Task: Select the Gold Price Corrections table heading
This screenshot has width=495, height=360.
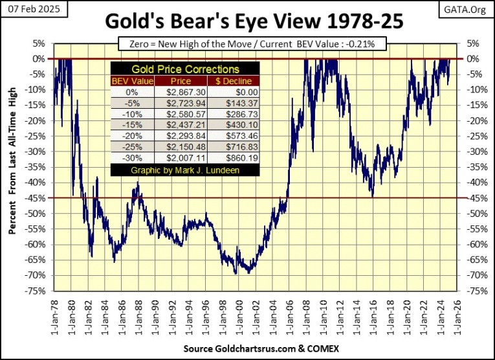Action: pyautogui.click(x=185, y=69)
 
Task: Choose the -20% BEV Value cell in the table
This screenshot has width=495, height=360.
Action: pyautogui.click(x=133, y=136)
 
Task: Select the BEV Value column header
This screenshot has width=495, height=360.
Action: pyautogui.click(x=133, y=81)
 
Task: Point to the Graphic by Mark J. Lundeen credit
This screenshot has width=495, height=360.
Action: pyautogui.click(x=185, y=170)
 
